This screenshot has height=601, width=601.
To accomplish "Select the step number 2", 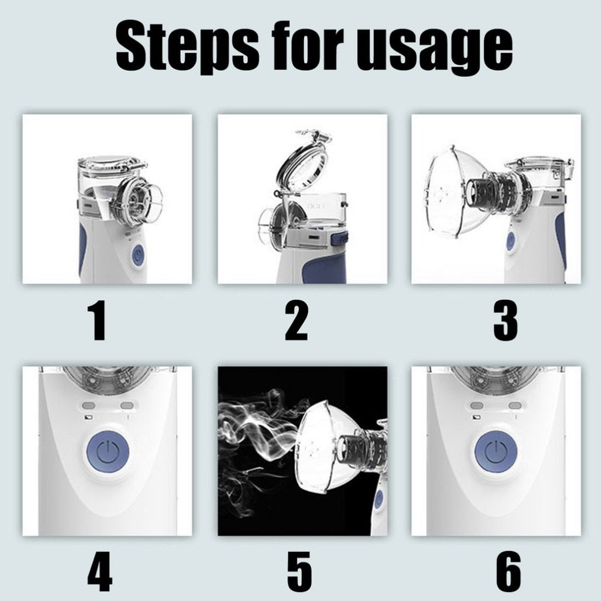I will (296, 321).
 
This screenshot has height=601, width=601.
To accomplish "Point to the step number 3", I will (505, 321).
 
